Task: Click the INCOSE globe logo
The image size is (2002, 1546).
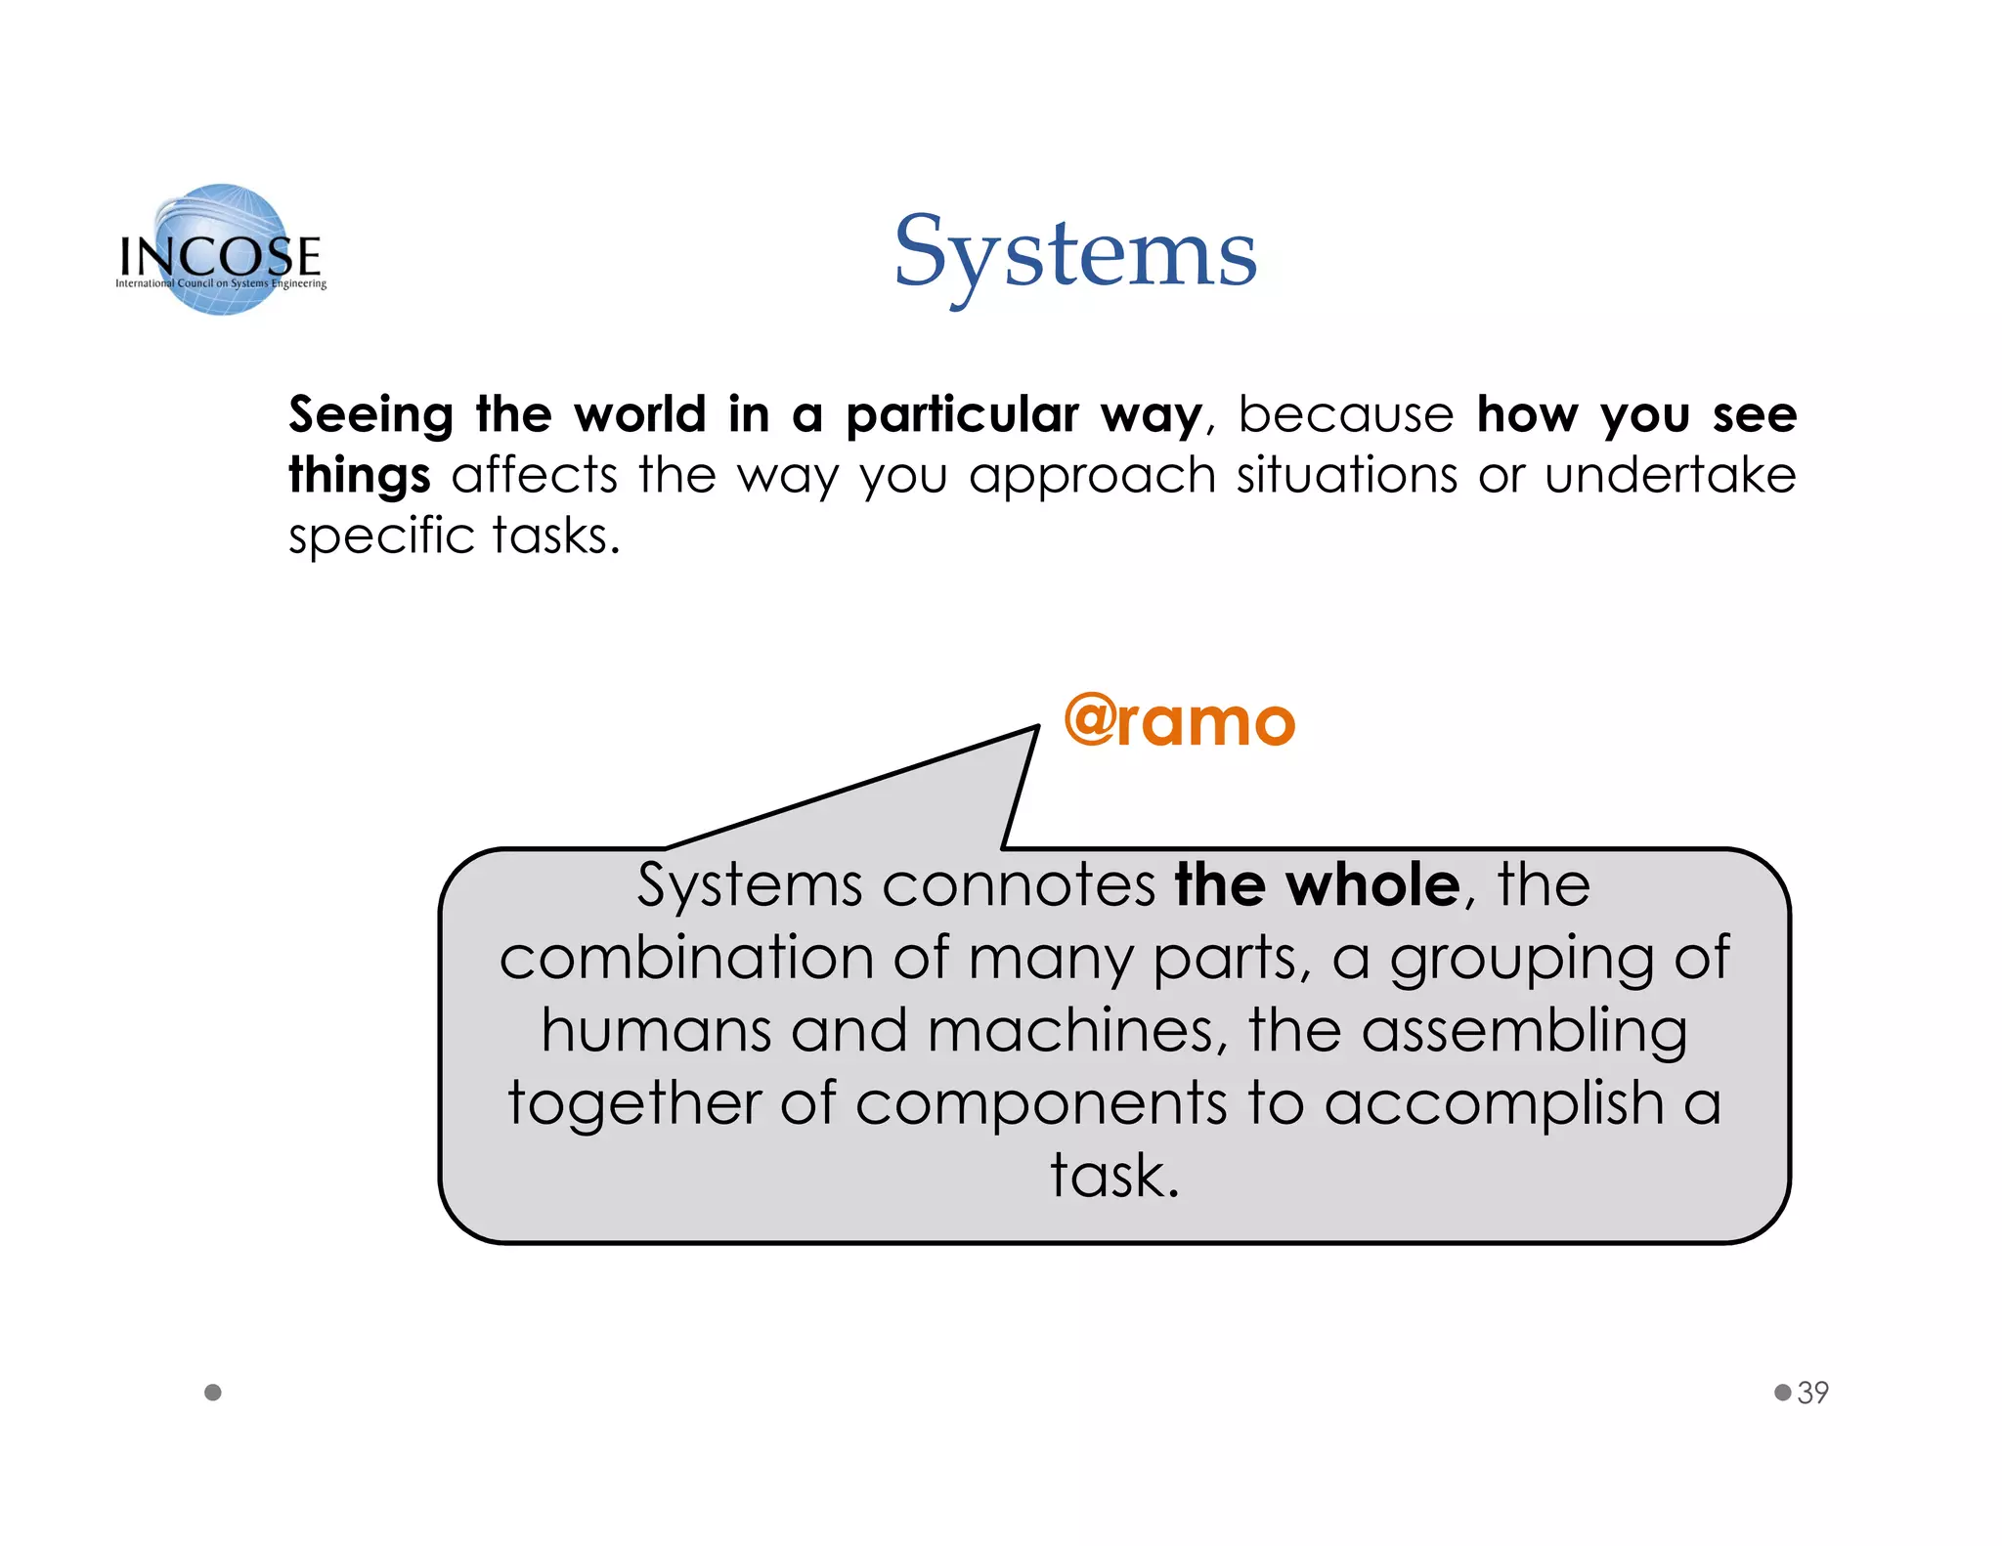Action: click(x=222, y=250)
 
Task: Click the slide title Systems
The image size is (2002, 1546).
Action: click(x=1075, y=254)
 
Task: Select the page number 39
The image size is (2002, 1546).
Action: click(x=1813, y=1393)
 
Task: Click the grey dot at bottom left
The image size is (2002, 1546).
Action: click(x=213, y=1393)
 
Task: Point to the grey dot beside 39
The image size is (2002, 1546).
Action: click(x=1783, y=1392)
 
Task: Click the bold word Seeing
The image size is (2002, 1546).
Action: click(x=370, y=415)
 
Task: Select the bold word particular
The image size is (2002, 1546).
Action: click(x=962, y=415)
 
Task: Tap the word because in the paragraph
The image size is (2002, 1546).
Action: click(x=1346, y=414)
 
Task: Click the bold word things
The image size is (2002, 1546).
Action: click(x=359, y=476)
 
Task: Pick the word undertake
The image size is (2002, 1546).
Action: click(x=1670, y=475)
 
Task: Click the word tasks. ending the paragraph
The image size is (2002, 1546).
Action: click(x=555, y=537)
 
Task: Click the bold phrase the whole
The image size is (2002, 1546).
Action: click(x=1317, y=885)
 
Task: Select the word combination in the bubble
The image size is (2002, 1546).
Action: click(x=685, y=958)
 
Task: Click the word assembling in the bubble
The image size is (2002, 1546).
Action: click(x=1524, y=1031)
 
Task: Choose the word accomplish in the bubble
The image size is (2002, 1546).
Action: click(x=1494, y=1103)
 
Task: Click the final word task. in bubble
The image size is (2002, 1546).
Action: click(x=1114, y=1176)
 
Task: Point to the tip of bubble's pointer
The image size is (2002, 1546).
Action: click(x=1036, y=728)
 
